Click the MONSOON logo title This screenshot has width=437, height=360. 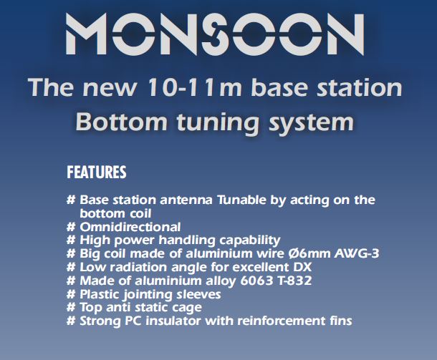tap(215, 34)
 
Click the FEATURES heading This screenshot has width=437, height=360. tap(97, 172)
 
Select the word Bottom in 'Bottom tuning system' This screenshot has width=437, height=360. tap(122, 122)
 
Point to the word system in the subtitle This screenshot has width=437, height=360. tap(312, 124)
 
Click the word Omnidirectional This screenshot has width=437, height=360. tap(130, 227)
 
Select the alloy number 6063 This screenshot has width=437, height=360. tap(256, 281)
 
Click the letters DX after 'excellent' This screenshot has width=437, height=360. tap(302, 267)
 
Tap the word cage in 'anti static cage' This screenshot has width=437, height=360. tap(187, 308)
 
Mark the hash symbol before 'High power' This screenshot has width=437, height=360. tap(71, 240)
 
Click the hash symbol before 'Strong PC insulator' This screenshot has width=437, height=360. tap(71, 321)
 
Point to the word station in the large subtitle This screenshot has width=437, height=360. tap(359, 87)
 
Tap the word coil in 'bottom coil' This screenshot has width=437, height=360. tap(140, 213)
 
